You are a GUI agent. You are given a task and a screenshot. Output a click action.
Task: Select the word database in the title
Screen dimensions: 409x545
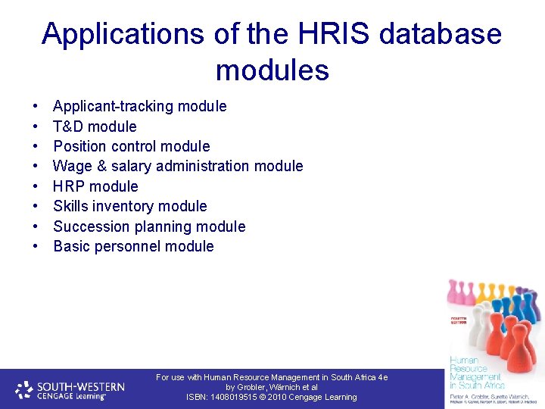click(440, 34)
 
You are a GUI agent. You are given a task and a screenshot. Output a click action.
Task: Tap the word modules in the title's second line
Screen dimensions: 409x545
click(272, 70)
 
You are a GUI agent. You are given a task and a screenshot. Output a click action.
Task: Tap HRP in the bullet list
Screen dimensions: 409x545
click(69, 186)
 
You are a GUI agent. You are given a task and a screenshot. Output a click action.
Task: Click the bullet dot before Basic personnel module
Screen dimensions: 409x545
click(36, 247)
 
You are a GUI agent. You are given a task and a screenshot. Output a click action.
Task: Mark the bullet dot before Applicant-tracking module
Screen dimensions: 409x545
click(36, 107)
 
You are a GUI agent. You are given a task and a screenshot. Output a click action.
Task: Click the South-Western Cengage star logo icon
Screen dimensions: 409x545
click(23, 389)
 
